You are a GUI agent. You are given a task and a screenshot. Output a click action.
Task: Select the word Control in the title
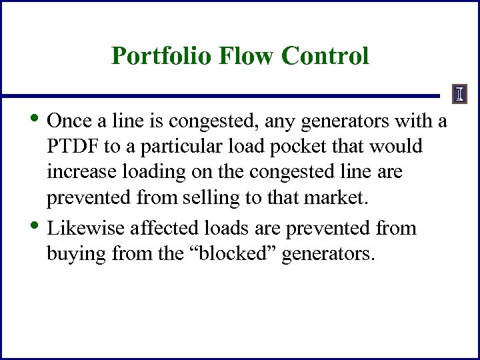pos(325,56)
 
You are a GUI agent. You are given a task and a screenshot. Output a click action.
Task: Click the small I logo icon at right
pos(460,95)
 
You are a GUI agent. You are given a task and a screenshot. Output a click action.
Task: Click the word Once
pos(70,121)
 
